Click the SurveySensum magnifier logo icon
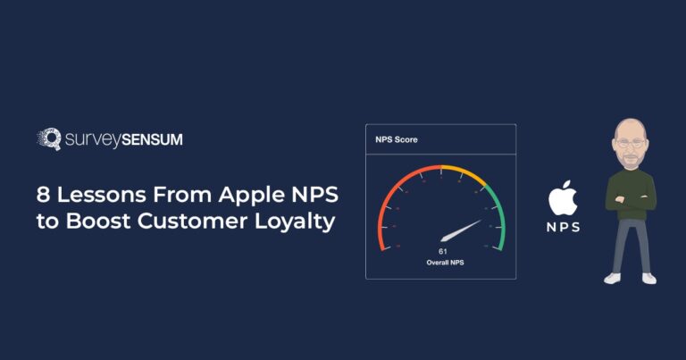pos(48,138)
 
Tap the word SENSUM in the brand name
pos(164,139)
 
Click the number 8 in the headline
pos(42,195)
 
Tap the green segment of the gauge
pos(498,214)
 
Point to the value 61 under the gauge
pos(441,252)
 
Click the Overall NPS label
pos(441,264)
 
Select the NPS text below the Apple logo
pos(563,227)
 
